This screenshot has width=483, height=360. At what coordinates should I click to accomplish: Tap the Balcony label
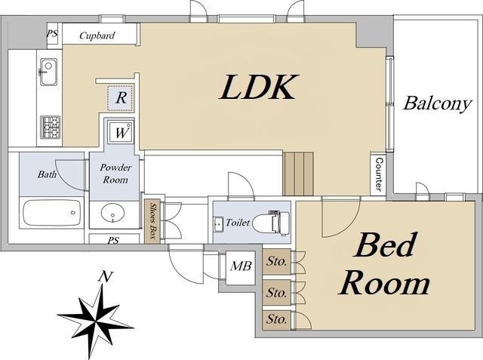[x=437, y=103]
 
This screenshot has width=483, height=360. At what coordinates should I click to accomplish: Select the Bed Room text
[x=385, y=264]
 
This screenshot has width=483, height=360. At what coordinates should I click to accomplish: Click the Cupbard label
[x=97, y=35]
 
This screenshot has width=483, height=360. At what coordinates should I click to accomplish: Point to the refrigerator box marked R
[x=120, y=97]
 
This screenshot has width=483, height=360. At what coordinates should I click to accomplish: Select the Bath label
[x=47, y=174]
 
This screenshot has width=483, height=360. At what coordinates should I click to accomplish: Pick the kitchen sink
[x=49, y=72]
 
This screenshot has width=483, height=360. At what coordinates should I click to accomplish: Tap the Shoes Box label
[x=153, y=220]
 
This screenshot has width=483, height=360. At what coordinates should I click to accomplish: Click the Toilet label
[x=238, y=223]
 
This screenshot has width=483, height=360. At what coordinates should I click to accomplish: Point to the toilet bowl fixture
[x=267, y=223]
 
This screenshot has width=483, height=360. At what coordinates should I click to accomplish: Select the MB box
[x=241, y=266]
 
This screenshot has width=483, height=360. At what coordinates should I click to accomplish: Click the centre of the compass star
[x=96, y=315]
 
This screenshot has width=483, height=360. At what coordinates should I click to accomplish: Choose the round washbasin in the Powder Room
[x=114, y=214]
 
